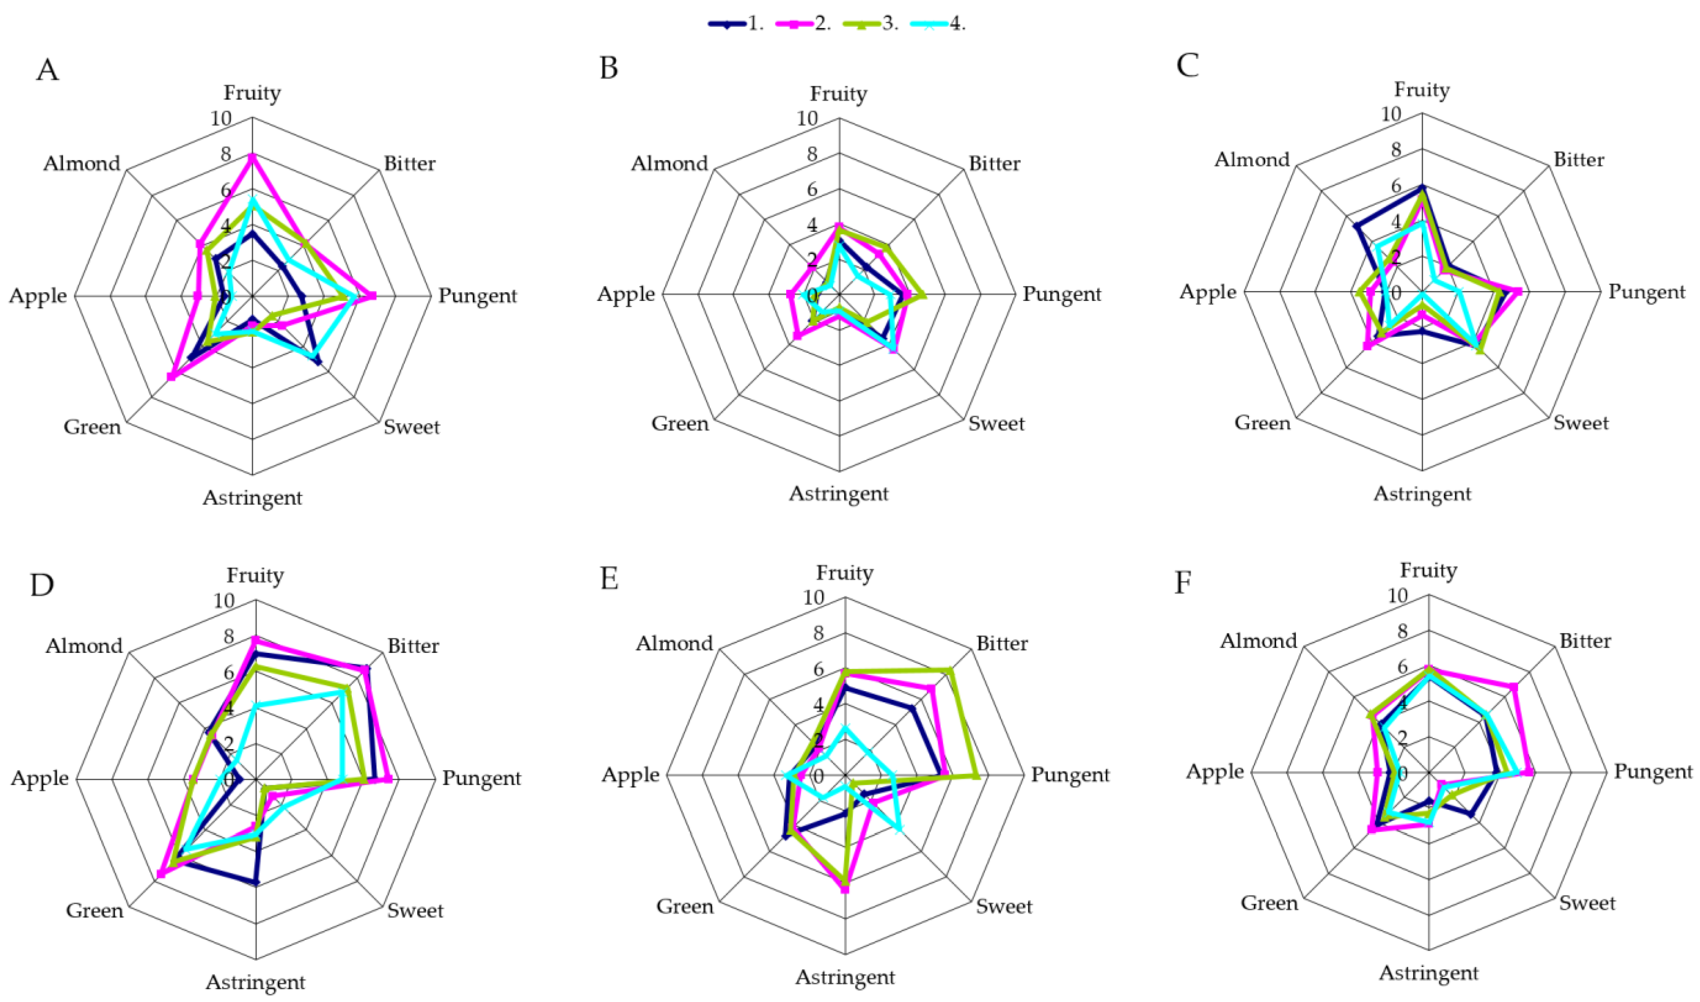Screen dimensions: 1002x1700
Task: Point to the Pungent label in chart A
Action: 477,296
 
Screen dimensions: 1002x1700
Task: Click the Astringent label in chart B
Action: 839,493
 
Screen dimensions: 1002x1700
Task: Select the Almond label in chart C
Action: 1252,160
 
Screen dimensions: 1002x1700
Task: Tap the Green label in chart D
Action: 95,910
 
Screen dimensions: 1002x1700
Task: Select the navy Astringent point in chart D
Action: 255,882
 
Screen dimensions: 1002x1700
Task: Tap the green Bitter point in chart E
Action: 950,671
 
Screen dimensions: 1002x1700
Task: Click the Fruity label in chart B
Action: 839,93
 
